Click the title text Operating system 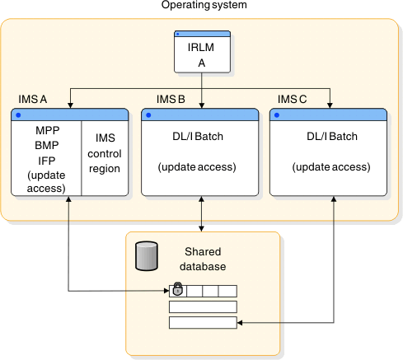pos(201,7)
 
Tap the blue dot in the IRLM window pos(178,35)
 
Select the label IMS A pos(32,100)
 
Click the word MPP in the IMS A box pos(46,131)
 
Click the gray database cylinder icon pos(146,256)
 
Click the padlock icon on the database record pos(176,290)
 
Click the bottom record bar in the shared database pos(203,322)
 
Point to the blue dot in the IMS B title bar pos(148,114)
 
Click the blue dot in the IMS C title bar pos(277,114)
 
